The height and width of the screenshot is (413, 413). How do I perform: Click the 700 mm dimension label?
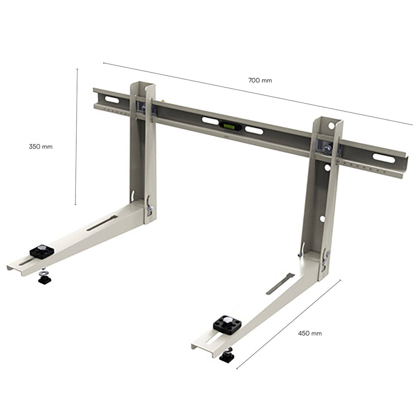[260, 80]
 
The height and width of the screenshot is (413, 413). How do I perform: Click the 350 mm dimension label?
[41, 147]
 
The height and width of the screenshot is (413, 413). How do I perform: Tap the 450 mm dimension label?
[310, 334]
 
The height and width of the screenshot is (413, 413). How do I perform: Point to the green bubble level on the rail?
[230, 126]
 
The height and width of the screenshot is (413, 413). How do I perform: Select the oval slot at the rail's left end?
[112, 100]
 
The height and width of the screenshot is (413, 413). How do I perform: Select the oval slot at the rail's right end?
[384, 158]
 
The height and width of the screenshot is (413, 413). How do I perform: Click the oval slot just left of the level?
[210, 121]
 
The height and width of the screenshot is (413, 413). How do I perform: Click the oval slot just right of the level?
[254, 130]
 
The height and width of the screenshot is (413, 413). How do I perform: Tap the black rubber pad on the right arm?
[227, 325]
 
